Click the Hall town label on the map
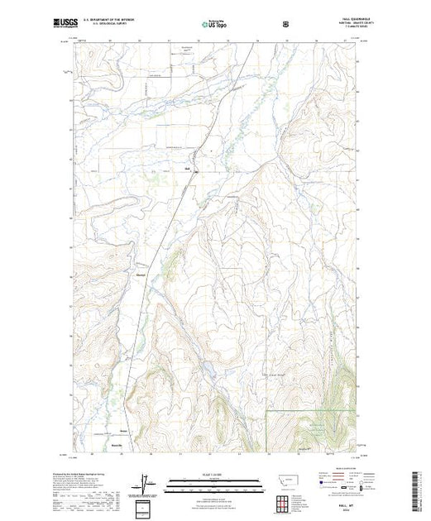click(x=187, y=171)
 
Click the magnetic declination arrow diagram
click(x=146, y=483)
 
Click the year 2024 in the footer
click(x=341, y=509)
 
